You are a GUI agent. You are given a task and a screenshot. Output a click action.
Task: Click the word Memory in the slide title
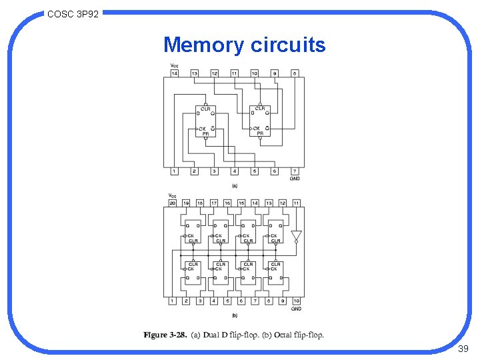click(x=205, y=45)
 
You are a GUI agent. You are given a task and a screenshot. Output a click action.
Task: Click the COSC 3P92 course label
click(x=73, y=13)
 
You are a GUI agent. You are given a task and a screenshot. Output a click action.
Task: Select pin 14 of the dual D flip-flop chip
click(x=174, y=73)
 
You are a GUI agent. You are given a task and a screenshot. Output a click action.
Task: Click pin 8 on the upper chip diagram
click(x=294, y=73)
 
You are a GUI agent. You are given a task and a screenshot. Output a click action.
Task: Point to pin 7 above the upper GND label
click(x=294, y=171)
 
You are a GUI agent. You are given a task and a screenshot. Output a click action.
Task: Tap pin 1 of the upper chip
click(x=174, y=171)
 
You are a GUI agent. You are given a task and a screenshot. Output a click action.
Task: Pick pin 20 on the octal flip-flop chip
click(x=172, y=203)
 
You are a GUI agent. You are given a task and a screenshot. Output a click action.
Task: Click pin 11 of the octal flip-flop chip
click(x=296, y=203)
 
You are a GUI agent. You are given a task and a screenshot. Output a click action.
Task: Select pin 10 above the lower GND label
click(x=296, y=301)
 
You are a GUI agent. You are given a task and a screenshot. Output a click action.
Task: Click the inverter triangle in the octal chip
click(x=296, y=236)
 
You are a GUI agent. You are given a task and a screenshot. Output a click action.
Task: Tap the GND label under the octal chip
click(x=296, y=309)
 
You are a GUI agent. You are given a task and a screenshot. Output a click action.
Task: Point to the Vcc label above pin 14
click(x=174, y=65)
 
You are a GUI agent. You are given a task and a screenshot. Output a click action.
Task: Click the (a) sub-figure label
click(x=234, y=185)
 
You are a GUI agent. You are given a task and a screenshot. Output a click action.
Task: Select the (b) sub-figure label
click(x=234, y=315)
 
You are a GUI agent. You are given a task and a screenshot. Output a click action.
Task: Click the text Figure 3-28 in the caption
click(x=165, y=335)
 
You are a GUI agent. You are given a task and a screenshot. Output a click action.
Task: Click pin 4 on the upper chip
click(x=234, y=171)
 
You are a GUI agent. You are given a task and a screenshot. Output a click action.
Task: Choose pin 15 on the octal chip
click(x=241, y=203)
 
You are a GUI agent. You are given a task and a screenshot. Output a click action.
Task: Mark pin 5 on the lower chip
click(x=227, y=301)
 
